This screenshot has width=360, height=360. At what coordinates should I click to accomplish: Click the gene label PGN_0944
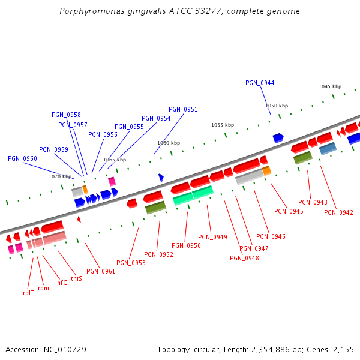click(x=260, y=83)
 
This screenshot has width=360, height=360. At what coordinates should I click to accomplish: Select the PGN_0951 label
click(x=183, y=109)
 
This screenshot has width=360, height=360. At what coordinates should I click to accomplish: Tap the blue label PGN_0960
click(x=22, y=158)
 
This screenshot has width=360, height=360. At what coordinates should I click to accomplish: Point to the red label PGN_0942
click(x=338, y=212)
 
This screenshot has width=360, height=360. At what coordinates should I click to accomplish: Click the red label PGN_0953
click(x=131, y=263)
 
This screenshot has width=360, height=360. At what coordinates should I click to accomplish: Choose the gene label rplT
click(x=28, y=293)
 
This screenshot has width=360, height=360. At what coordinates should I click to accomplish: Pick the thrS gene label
click(x=76, y=278)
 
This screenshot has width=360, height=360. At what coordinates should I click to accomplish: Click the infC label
click(x=61, y=283)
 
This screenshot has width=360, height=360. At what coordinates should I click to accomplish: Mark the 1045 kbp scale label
click(x=330, y=86)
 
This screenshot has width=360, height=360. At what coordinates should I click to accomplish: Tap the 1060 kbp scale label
click(x=169, y=143)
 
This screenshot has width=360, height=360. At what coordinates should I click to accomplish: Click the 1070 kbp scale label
click(x=60, y=176)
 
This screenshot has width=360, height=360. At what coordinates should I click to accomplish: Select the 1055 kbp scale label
click(x=222, y=125)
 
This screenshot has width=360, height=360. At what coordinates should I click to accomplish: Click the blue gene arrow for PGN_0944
click(x=278, y=138)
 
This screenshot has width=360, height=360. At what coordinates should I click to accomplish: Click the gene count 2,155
click(x=343, y=349)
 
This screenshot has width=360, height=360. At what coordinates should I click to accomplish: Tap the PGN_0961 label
click(x=101, y=271)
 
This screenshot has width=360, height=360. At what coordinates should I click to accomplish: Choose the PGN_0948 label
click(x=244, y=258)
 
